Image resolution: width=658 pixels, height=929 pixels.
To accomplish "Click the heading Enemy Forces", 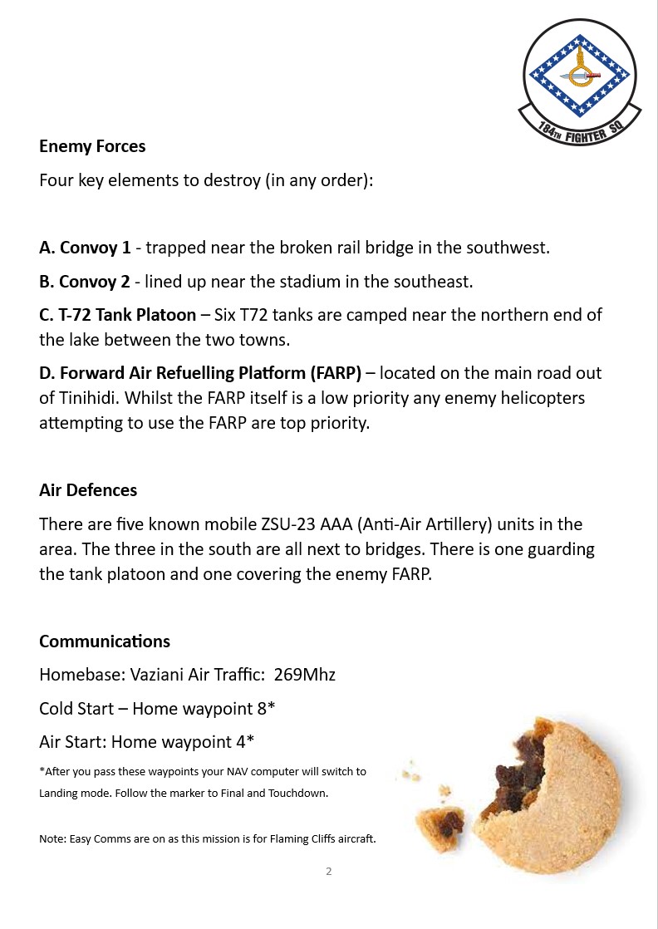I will click(92, 146).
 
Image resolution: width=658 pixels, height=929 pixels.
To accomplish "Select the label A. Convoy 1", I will click(85, 248).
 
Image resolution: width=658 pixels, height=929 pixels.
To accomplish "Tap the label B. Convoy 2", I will click(85, 282).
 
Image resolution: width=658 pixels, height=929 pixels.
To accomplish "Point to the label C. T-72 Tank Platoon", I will click(117, 315).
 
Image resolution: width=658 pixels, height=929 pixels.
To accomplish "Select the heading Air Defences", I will click(88, 490).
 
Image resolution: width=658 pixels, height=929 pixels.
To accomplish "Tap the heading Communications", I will click(105, 641).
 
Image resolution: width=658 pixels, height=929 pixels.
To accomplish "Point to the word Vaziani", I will click(157, 675).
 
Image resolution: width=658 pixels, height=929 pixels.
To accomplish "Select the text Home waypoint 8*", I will click(204, 709).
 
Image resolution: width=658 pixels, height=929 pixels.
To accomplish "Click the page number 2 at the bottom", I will click(329, 872).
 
